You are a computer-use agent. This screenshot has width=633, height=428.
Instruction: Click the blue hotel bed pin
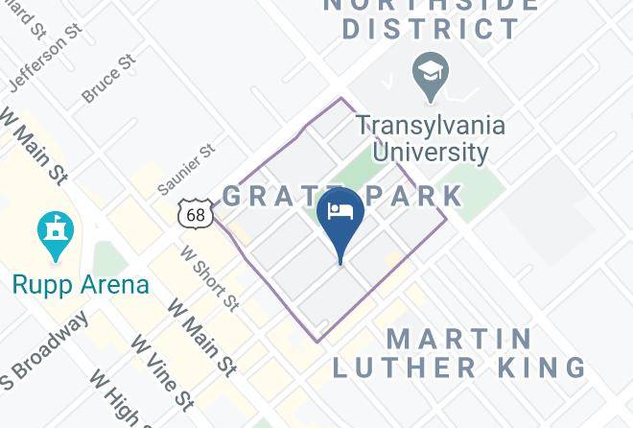point(340,216)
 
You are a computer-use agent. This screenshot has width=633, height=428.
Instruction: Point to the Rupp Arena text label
point(81,285)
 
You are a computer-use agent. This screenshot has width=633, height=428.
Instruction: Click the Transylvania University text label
point(431,138)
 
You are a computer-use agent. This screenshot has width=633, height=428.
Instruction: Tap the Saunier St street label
point(186,171)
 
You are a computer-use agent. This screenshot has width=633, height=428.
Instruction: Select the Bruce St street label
point(108,80)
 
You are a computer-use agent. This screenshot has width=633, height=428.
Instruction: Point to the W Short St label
point(209,277)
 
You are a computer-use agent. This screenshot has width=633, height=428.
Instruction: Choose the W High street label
point(115,398)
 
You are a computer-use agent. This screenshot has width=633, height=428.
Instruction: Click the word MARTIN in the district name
point(459,339)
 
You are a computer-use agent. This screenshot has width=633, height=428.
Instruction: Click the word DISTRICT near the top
point(431,28)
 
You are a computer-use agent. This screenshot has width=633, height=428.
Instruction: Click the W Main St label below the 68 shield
point(201,338)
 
